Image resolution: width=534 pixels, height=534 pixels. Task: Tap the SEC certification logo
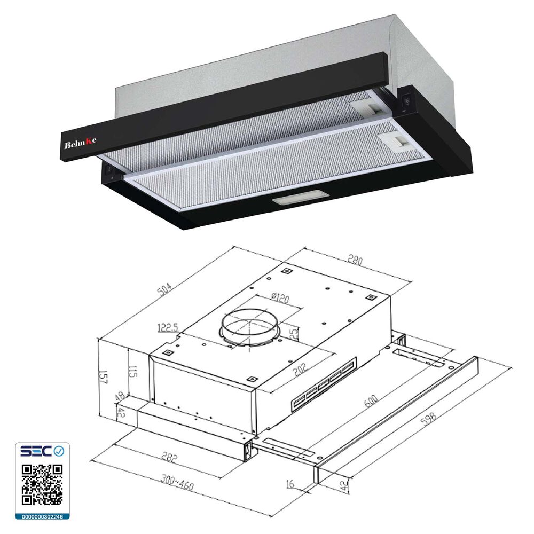[42, 452]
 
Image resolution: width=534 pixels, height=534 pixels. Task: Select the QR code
[42, 484]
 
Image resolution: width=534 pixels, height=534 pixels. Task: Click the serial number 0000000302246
[42, 516]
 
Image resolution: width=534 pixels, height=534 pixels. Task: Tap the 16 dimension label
[290, 484]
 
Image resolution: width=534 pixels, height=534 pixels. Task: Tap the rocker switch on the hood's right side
[406, 100]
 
